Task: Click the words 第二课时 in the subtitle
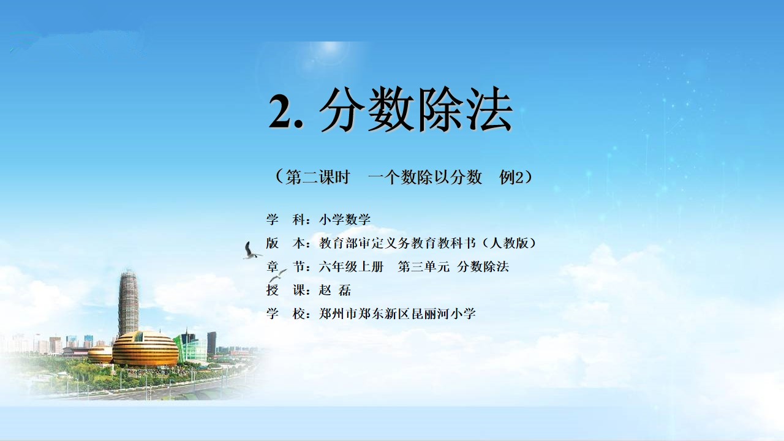pyautogui.click(x=318, y=177)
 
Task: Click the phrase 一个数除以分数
pyautogui.click(x=425, y=177)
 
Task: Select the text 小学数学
pyautogui.click(x=345, y=219)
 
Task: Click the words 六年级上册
pyautogui.click(x=351, y=266)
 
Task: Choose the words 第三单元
pyautogui.click(x=423, y=266)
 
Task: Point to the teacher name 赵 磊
pyautogui.click(x=334, y=290)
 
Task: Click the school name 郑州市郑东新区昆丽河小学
pyautogui.click(x=398, y=314)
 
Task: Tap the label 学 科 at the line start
pyautogui.click(x=285, y=219)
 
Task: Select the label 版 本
pyautogui.click(x=285, y=243)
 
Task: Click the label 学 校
pyautogui.click(x=285, y=314)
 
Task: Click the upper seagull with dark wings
pyautogui.click(x=251, y=251)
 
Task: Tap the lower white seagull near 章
pyautogui.click(x=277, y=276)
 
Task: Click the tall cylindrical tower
pyautogui.click(x=129, y=302)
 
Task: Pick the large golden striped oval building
pyautogui.click(x=145, y=349)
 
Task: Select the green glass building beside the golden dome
pyautogui.click(x=190, y=347)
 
